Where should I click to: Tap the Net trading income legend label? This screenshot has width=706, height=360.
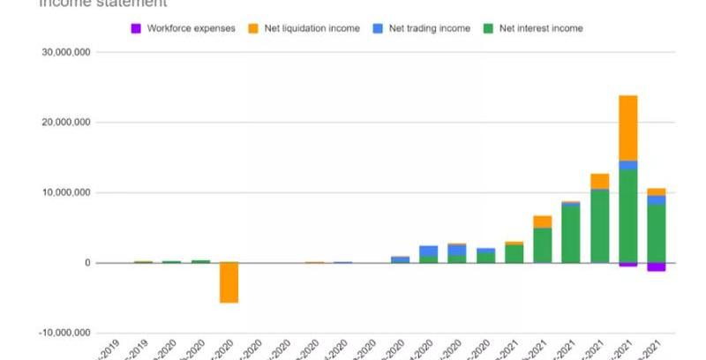[431, 28]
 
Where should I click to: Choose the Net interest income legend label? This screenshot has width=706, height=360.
[541, 28]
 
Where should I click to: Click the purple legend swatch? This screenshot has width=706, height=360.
[136, 28]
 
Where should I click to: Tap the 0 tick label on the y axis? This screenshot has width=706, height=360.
[86, 263]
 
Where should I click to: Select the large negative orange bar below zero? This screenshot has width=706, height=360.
[229, 282]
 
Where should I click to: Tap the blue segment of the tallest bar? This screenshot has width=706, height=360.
[627, 165]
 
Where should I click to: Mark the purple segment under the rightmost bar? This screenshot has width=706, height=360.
[656, 266]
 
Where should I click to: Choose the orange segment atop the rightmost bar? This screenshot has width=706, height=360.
[656, 191]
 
